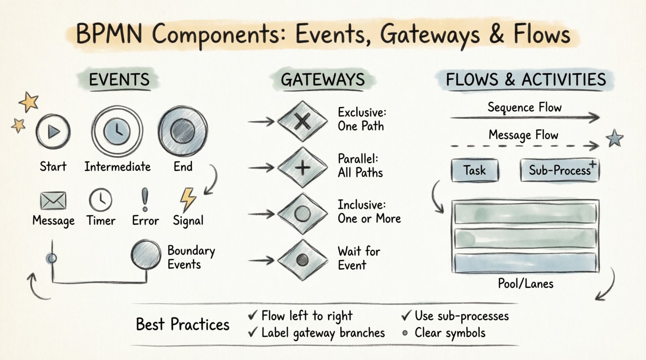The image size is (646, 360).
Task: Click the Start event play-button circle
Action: click(x=53, y=132)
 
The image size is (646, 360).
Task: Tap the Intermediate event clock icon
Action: click(x=117, y=132)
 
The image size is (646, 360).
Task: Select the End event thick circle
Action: click(x=182, y=131)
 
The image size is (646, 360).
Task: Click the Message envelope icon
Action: click(x=53, y=201)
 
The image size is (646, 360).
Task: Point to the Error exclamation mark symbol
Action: click(x=145, y=199)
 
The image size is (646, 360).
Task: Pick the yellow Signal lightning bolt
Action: click(x=188, y=200)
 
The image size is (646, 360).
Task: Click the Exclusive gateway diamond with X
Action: click(x=302, y=122)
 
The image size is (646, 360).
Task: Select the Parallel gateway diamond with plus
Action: click(x=302, y=168)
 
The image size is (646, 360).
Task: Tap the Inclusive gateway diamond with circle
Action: click(x=302, y=214)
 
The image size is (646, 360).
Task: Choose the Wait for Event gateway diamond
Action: click(x=302, y=260)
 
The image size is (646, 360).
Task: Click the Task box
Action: click(x=474, y=170)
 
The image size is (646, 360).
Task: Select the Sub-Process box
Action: click(x=559, y=170)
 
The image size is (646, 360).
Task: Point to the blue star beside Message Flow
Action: click(x=615, y=138)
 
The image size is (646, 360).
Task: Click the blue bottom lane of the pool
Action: click(x=525, y=263)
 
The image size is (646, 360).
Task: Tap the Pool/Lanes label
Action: click(x=525, y=284)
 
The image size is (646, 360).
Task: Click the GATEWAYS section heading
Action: click(x=323, y=80)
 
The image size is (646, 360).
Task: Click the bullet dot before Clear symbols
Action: click(x=405, y=333)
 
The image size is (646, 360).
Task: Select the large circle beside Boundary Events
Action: click(x=146, y=255)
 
